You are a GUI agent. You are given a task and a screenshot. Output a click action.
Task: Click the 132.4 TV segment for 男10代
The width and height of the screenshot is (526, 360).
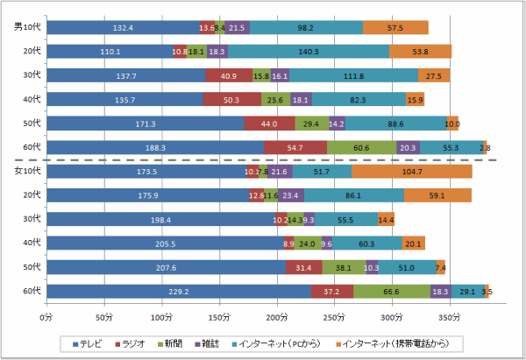[x=123, y=28]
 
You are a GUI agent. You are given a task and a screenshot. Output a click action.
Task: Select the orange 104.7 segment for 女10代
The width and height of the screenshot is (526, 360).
[x=412, y=171]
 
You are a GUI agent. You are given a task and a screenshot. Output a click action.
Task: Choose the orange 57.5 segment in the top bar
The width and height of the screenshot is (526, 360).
[x=395, y=28]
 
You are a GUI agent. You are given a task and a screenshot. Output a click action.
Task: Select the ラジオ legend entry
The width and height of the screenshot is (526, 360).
[x=139, y=344]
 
